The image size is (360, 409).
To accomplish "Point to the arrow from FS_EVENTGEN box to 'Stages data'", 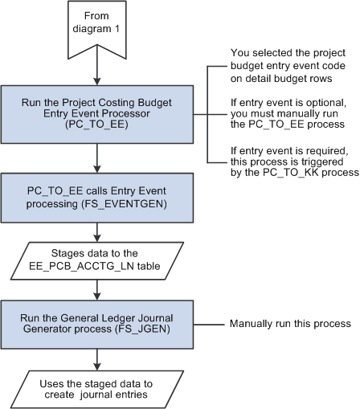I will pyautogui.click(x=97, y=230).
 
